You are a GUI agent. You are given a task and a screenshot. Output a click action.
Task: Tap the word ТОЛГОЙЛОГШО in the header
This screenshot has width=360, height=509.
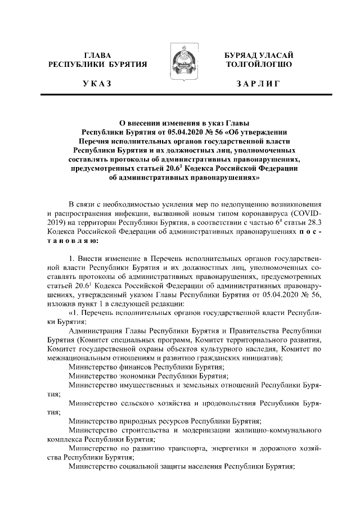click(258, 65)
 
